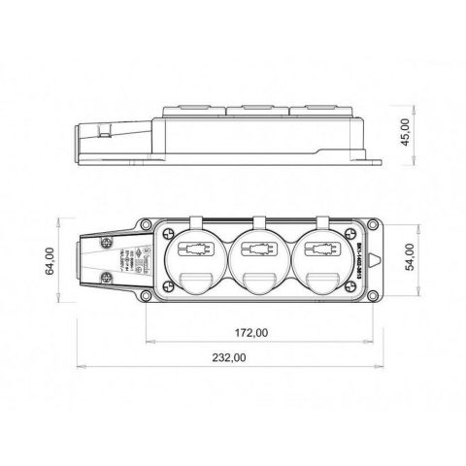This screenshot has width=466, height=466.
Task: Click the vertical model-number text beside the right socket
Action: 358,256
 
